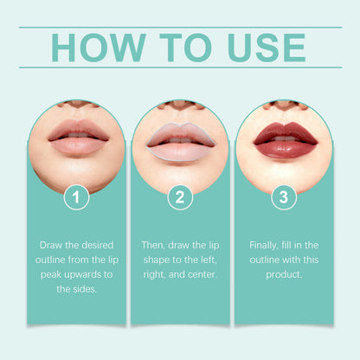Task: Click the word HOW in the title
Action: (x=99, y=48)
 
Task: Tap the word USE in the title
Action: (x=267, y=48)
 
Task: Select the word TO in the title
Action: (x=186, y=48)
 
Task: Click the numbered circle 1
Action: (x=76, y=197)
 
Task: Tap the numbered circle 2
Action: (x=180, y=197)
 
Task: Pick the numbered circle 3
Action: (x=284, y=197)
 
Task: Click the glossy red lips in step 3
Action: (x=286, y=140)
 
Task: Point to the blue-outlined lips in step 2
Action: (x=181, y=141)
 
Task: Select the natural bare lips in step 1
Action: (x=78, y=138)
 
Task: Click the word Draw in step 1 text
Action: (x=51, y=245)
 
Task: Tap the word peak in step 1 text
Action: (x=51, y=275)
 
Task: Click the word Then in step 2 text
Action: (x=153, y=245)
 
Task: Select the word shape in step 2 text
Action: (x=157, y=260)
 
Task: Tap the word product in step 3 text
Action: (x=284, y=275)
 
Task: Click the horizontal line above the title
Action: (x=180, y=28)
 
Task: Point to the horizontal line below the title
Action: (x=180, y=67)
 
